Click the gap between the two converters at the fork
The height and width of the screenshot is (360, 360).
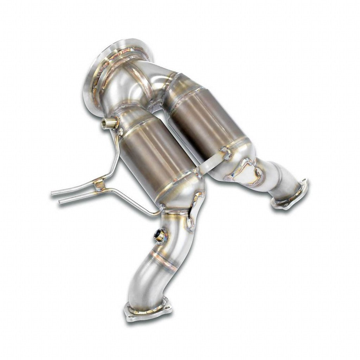[160, 105]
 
